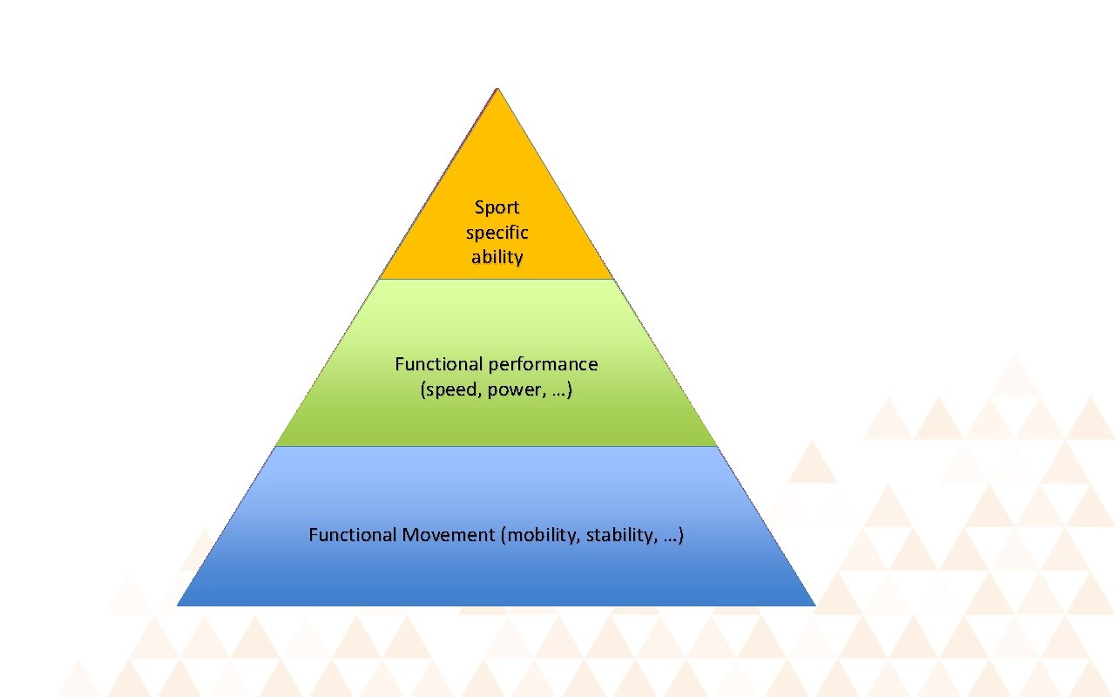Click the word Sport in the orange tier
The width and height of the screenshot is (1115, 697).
pos(497,207)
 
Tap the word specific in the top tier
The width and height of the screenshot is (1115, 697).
pos(497,233)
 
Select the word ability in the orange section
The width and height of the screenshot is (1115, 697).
pos(497,257)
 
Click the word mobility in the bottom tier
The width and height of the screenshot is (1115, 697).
pos(544,535)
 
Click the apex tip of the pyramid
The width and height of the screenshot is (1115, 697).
pos(497,89)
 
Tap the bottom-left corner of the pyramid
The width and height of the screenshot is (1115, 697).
pos(179,604)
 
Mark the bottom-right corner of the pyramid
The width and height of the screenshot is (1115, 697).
pos(814,604)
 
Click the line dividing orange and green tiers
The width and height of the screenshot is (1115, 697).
pos(497,279)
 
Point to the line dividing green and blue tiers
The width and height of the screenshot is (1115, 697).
pos(497,446)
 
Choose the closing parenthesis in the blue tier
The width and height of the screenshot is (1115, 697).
pos(680,535)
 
